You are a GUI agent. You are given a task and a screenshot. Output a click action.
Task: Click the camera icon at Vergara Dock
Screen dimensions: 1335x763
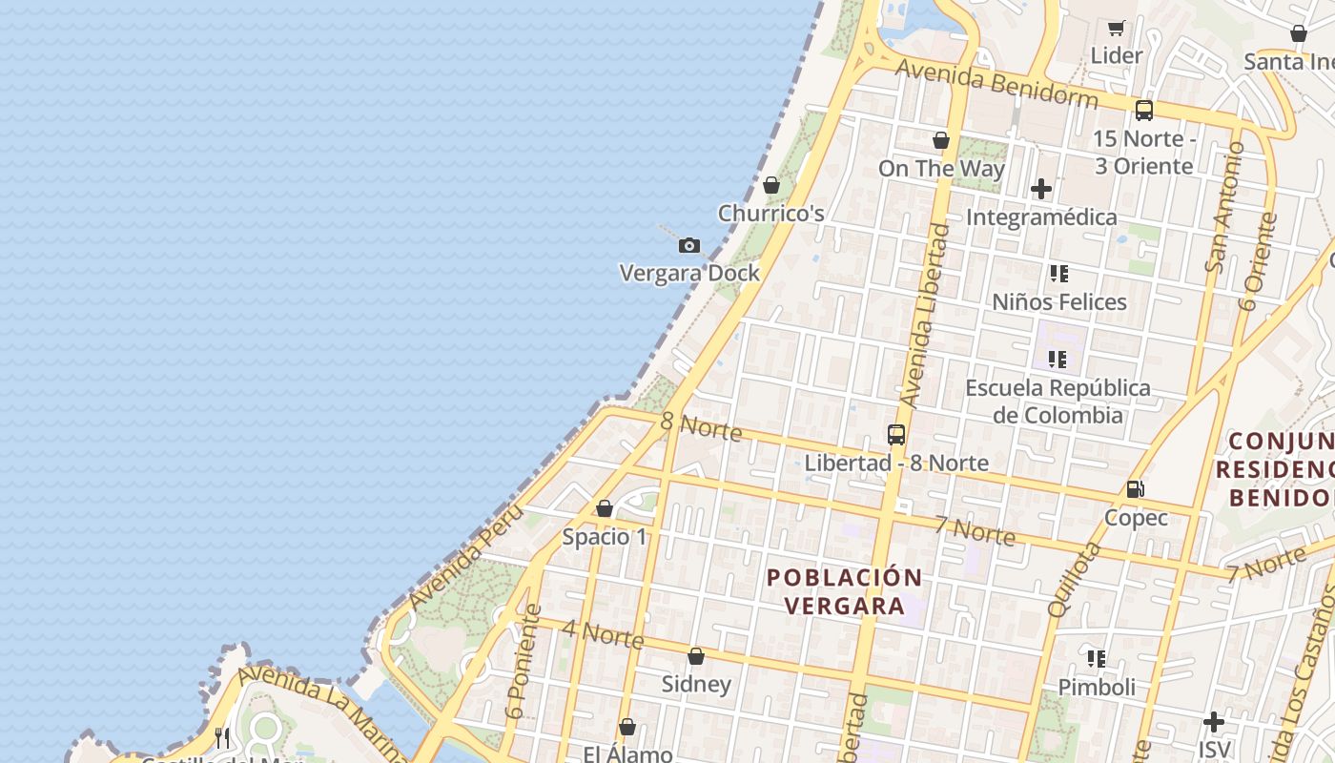point(689,246)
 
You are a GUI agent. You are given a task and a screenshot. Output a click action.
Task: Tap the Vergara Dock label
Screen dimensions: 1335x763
point(689,273)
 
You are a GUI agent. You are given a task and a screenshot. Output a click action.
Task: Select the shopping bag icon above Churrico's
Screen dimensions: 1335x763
point(771,185)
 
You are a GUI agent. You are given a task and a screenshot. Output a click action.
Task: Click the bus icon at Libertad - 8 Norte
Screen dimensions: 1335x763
point(896,435)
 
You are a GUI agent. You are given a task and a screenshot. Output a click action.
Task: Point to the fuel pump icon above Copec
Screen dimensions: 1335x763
point(1136,489)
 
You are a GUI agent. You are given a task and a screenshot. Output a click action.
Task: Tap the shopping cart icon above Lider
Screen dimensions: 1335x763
point(1117,28)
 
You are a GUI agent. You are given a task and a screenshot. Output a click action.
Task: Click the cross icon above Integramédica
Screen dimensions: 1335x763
point(1041,189)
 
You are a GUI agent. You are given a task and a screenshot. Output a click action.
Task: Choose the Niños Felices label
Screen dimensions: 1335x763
point(1059,302)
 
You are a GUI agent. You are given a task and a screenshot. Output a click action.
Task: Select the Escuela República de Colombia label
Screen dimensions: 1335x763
point(1058,402)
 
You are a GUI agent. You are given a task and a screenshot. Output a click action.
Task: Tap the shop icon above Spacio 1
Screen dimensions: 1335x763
point(605,509)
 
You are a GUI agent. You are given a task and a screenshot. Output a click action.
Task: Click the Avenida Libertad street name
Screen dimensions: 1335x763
point(926,315)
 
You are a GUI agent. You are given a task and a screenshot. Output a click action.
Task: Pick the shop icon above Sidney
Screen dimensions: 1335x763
point(696,657)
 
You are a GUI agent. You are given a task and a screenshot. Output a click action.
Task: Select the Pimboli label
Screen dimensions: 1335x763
point(1097,688)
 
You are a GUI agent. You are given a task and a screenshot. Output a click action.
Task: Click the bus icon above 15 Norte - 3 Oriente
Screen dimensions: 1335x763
point(1144,111)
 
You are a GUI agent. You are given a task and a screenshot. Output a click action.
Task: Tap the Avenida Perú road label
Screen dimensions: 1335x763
point(467,557)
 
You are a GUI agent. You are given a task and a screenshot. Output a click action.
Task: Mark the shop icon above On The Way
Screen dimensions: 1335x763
point(941,141)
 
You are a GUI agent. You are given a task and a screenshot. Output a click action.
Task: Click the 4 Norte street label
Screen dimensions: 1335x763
point(603,634)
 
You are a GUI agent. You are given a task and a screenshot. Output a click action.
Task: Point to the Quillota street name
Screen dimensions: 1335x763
point(1074,579)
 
